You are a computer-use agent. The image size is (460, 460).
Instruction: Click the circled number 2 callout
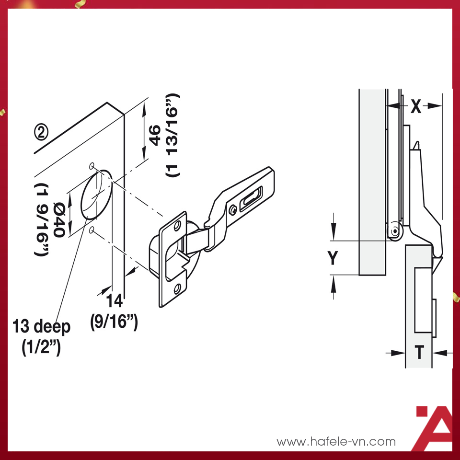tap(42, 132)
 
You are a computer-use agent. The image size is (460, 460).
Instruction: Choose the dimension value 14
tap(115, 302)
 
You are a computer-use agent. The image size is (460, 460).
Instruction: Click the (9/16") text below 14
tap(115, 321)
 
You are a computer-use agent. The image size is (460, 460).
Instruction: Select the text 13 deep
tap(42, 327)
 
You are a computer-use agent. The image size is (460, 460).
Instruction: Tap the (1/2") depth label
tap(41, 346)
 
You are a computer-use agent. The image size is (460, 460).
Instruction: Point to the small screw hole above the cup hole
tap(91, 166)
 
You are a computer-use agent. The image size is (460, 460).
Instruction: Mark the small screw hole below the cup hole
tap(91, 231)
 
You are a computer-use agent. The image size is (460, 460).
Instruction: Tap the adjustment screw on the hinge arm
tap(233, 209)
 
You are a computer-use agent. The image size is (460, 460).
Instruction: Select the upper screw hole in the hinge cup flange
tap(177, 225)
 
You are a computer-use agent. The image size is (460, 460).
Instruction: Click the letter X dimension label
tap(416, 106)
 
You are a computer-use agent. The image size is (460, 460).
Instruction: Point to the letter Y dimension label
tap(333, 258)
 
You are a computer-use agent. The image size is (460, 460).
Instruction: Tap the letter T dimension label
tap(419, 353)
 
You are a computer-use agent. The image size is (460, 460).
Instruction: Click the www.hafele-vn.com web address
tap(336, 441)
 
